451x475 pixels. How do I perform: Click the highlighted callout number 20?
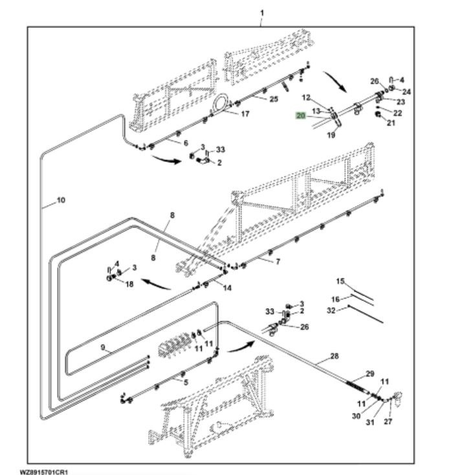(x=300, y=115)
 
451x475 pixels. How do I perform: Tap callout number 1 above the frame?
(x=262, y=12)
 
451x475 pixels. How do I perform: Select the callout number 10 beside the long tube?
(x=61, y=200)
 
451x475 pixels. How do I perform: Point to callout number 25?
(x=274, y=98)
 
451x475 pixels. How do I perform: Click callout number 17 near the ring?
(x=245, y=114)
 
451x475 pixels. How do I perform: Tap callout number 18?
(x=129, y=284)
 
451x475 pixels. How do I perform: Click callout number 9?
(x=102, y=347)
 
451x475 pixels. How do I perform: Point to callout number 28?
(x=334, y=356)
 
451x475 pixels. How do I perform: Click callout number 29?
(x=370, y=373)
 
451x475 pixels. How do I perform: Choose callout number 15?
(x=340, y=281)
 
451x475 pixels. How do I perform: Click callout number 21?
(x=390, y=122)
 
